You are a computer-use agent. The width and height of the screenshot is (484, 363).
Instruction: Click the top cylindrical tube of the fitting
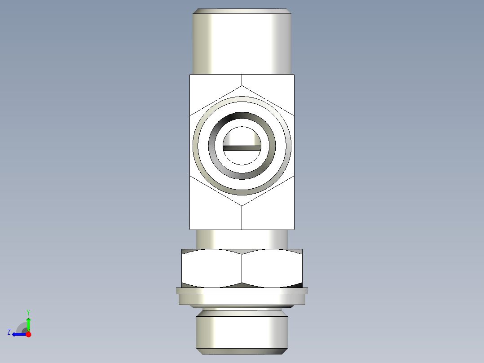click(x=242, y=43)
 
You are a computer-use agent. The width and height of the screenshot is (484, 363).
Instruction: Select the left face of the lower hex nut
click(x=211, y=268)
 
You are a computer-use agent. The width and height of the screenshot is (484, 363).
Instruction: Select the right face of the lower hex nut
click(x=272, y=268)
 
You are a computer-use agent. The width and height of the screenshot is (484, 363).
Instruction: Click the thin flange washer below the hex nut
click(x=242, y=291)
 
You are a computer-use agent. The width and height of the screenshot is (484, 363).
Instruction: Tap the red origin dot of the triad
click(x=28, y=334)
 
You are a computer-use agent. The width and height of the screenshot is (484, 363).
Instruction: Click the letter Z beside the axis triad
click(x=9, y=332)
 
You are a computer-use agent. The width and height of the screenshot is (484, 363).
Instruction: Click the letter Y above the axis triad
click(x=28, y=312)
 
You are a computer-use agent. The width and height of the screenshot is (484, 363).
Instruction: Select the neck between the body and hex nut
click(x=242, y=239)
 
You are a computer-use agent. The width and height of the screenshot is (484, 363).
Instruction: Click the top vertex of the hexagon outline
click(x=242, y=85)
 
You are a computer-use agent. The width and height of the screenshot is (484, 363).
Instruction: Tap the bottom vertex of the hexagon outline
click(x=242, y=206)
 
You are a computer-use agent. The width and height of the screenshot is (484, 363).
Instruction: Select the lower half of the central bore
click(x=242, y=157)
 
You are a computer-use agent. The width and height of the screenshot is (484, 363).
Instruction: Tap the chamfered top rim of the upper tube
click(x=242, y=11)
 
